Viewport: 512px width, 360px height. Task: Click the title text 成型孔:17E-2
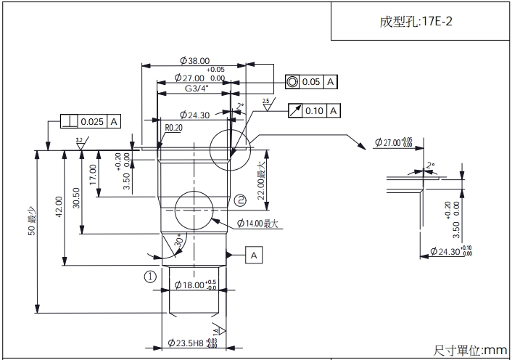click(416, 21)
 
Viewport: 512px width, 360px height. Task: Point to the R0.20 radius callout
click(173, 127)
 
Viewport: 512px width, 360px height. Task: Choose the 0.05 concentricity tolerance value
click(311, 82)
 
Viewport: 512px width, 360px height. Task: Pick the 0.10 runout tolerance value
click(314, 110)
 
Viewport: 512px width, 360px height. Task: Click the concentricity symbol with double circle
click(292, 82)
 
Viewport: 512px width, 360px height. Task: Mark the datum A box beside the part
click(254, 255)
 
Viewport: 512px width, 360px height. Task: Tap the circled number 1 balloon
click(150, 276)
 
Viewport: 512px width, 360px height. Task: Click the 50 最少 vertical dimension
click(32, 231)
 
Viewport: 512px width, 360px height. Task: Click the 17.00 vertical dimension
click(93, 174)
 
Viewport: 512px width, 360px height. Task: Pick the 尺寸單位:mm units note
click(470, 351)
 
